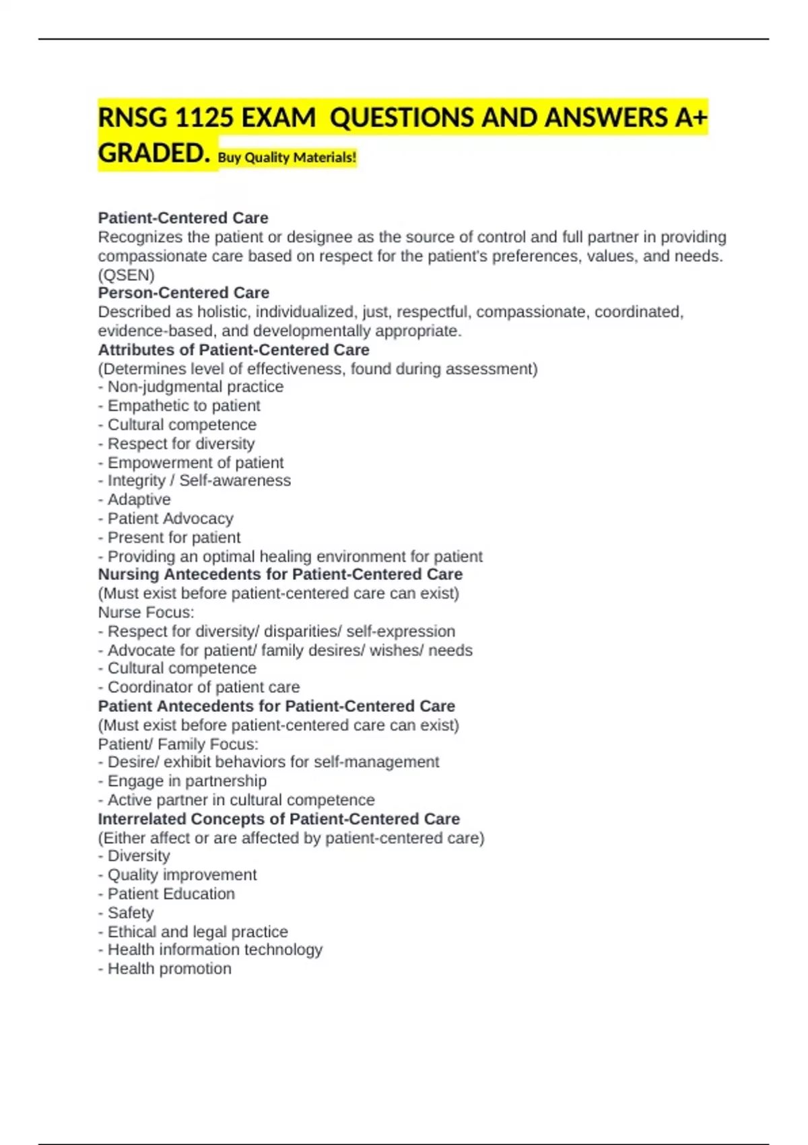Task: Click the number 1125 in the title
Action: (x=203, y=119)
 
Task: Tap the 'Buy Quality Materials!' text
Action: (x=288, y=158)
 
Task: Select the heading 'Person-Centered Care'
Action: (x=183, y=293)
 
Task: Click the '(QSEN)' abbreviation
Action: (x=126, y=275)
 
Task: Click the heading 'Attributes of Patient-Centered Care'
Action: (x=234, y=350)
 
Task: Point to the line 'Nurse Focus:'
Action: (x=146, y=612)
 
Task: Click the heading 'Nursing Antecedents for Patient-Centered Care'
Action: (x=280, y=575)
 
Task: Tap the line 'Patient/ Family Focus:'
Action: (x=178, y=744)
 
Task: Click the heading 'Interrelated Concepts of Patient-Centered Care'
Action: (x=279, y=819)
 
